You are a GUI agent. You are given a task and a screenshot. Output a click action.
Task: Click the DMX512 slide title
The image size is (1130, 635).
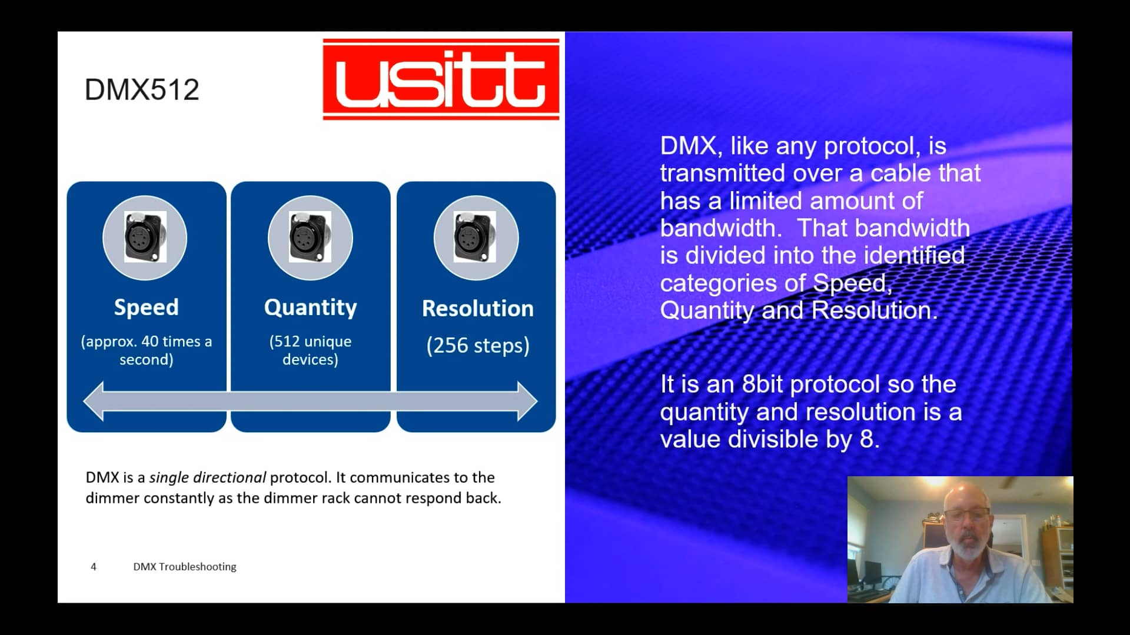click(142, 89)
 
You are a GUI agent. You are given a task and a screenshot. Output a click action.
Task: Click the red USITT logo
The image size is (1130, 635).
click(441, 79)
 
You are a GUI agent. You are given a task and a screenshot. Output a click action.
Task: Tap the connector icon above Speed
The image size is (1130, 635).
click(145, 238)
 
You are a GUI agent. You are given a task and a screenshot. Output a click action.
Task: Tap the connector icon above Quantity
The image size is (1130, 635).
click(310, 238)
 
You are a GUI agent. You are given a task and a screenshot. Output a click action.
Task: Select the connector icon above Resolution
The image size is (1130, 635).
click(476, 238)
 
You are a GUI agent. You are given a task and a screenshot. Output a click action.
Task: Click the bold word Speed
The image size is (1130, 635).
click(146, 308)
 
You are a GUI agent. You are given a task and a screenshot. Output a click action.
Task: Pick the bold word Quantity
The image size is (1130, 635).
click(310, 308)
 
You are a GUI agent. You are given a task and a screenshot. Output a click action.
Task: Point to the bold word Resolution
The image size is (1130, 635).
click(477, 309)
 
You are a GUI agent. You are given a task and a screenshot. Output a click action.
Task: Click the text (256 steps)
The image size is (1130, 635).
click(477, 345)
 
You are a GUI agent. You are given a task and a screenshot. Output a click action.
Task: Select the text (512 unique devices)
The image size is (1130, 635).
click(310, 350)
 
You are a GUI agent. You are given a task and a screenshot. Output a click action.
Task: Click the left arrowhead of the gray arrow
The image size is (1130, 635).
click(94, 401)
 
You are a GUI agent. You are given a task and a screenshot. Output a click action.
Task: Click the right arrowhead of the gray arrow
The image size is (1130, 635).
click(527, 401)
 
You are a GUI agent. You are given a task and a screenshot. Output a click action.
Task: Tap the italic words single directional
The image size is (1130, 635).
click(207, 477)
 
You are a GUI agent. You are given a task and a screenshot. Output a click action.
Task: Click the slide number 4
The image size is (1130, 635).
click(94, 567)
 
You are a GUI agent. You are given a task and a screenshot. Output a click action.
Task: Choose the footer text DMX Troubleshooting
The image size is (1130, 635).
click(184, 567)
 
